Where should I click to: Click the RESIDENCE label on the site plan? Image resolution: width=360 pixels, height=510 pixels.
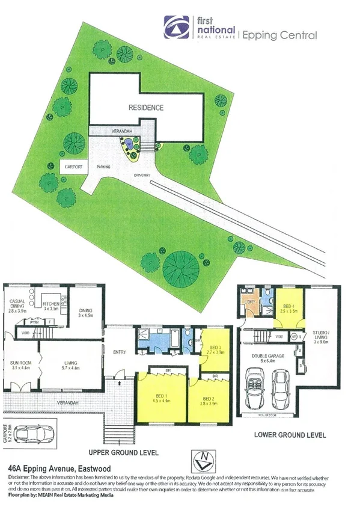tap(145, 108)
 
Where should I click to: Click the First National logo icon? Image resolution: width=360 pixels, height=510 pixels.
tap(175, 27)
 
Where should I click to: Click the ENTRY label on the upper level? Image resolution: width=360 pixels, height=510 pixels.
tap(118, 352)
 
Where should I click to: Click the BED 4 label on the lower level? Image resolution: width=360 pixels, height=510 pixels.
tap(288, 309)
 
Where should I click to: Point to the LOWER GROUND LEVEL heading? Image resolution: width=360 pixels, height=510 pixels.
tap(290, 434)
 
